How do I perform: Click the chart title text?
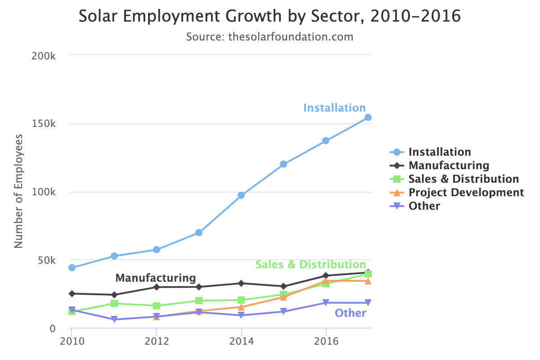[270, 17]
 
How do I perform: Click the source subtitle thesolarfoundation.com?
[270, 36]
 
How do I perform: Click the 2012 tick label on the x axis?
[156, 341]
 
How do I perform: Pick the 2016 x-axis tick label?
[326, 341]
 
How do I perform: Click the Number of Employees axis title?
[18, 191]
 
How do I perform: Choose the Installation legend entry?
[439, 152]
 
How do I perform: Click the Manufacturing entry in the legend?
[448, 166]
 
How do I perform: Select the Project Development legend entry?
[466, 193]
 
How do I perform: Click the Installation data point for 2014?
[241, 195]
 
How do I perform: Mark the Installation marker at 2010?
[72, 268]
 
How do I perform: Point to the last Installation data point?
[368, 117]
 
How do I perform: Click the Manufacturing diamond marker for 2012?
[156, 287]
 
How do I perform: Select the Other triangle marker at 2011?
[114, 319]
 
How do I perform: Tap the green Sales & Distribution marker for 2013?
[199, 301]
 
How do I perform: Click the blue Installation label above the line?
[334, 108]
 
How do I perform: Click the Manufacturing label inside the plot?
[156, 278]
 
